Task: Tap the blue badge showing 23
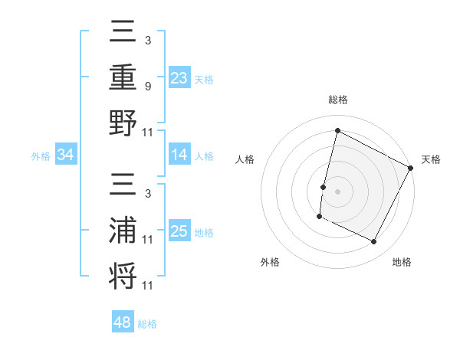(179, 77)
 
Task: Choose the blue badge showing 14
(179, 155)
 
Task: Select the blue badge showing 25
(179, 232)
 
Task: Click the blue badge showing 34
(66, 155)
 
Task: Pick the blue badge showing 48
(123, 322)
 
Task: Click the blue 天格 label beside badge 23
(204, 80)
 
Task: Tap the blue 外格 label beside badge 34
(41, 156)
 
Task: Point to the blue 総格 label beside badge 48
(147, 324)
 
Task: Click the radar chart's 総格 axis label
(337, 100)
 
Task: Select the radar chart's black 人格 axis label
(245, 159)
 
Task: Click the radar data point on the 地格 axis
(374, 242)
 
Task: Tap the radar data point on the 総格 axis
(337, 130)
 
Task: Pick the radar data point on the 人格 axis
(324, 186)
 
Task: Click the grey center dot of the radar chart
(337, 191)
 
